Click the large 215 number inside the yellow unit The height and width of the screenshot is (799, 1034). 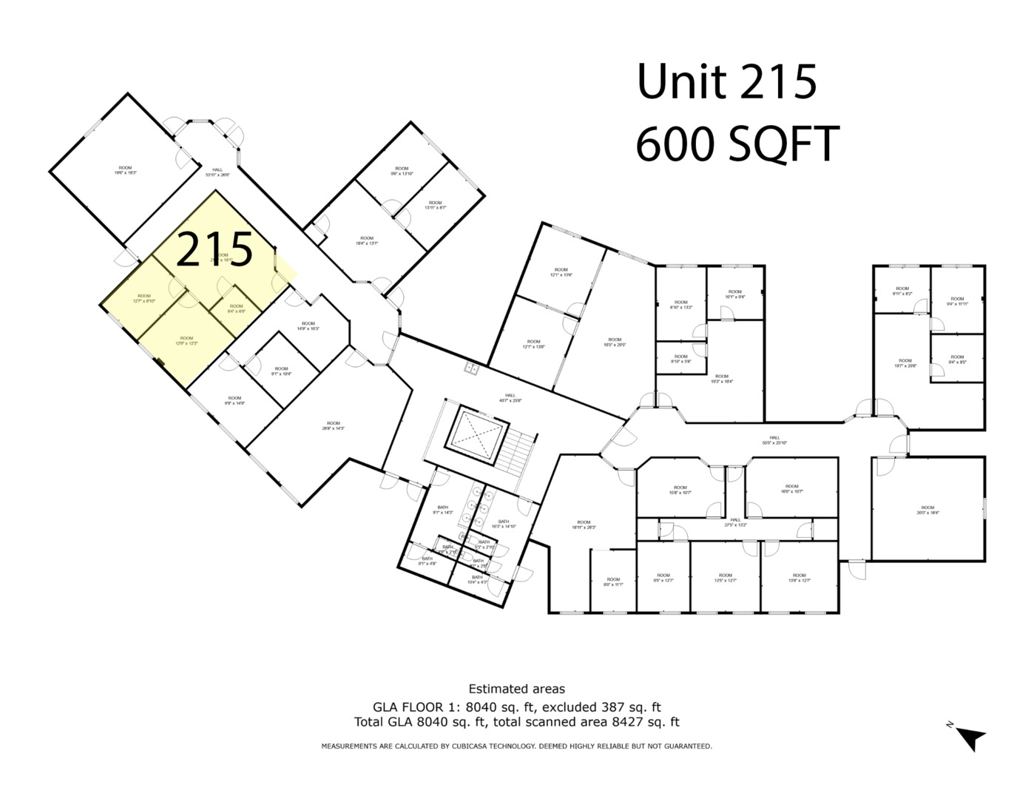coord(215,249)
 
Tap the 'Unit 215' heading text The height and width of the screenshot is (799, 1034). coord(726,81)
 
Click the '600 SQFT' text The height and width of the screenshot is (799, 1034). coord(737,144)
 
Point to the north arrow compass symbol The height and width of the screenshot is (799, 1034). coord(970,737)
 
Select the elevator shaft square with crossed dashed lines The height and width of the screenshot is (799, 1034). coord(477,437)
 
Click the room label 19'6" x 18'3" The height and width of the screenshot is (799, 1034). coord(126,170)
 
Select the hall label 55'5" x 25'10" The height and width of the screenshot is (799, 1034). coord(774,440)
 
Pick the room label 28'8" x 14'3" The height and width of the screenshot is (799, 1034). coord(334,425)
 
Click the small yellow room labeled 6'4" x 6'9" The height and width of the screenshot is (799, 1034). coord(236,309)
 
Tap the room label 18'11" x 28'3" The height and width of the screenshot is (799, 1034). coord(584,525)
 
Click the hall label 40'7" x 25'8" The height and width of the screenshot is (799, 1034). coord(510,398)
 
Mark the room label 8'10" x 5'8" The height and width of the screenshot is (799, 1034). coord(680,359)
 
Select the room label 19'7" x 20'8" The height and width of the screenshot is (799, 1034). coord(905,363)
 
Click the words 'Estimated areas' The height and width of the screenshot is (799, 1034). coord(516,690)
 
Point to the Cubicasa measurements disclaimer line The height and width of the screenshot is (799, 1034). coord(516,746)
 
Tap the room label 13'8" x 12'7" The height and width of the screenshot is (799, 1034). coord(799,578)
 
